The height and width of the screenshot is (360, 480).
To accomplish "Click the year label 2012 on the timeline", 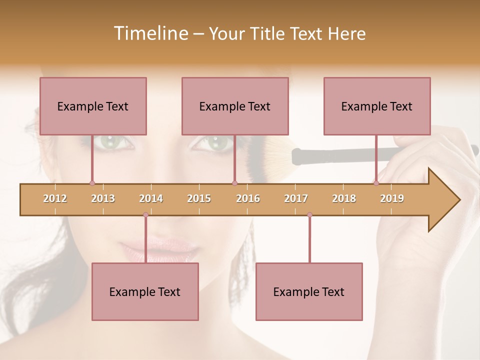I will pos(55,198).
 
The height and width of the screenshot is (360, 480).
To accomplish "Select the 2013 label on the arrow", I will pos(103,198).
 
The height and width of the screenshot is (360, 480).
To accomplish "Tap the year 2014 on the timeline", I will pos(151,198).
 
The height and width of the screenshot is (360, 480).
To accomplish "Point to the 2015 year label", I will pos(199,198).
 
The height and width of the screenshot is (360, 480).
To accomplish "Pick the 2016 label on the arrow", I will pos(248,198).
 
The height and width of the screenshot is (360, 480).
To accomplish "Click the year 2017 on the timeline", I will pos(296,198).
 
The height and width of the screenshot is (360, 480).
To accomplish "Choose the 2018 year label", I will pos(344,198).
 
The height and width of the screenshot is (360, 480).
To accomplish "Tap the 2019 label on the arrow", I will pos(392,198).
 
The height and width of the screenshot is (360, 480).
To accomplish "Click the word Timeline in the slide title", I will pos(150,33).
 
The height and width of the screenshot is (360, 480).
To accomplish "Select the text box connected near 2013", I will pos(93,106).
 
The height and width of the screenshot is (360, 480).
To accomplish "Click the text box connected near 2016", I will pos(235,106).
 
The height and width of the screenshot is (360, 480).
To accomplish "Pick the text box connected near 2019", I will pos(377,106).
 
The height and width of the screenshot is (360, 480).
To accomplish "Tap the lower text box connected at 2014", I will pos(145,291).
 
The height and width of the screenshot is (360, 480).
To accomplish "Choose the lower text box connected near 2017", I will pos(309,291).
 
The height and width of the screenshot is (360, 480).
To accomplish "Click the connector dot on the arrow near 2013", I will pos(92,183).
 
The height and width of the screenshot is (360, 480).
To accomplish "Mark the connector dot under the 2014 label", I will pos(145,215).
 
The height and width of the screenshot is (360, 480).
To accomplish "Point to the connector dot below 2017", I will pos(309,215).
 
